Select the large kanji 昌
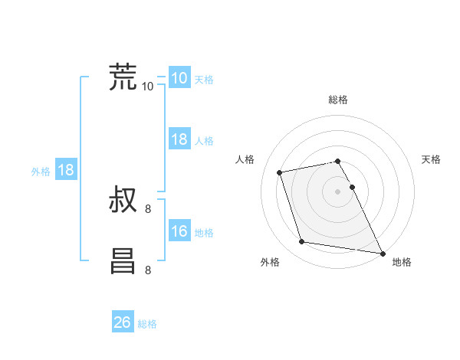(123, 260)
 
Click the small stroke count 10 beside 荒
(148, 86)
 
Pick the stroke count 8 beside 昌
(148, 270)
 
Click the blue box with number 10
(179, 78)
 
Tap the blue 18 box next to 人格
(179, 139)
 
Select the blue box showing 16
(179, 231)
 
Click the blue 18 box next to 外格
(66, 170)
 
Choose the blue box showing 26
(123, 322)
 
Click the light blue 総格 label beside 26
(147, 324)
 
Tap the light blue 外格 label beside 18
(41, 172)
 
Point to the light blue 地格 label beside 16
(204, 233)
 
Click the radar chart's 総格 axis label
(338, 100)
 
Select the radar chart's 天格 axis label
(432, 159)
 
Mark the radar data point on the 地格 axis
(382, 252)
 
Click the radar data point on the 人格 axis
(280, 172)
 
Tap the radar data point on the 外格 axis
(302, 242)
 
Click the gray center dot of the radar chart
(338, 191)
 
